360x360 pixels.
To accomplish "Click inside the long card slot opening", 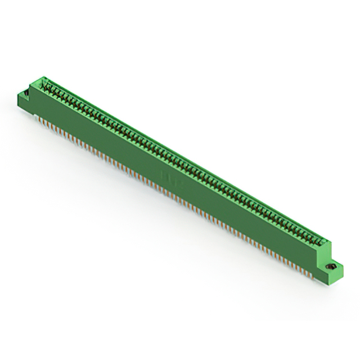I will click(x=180, y=163).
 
